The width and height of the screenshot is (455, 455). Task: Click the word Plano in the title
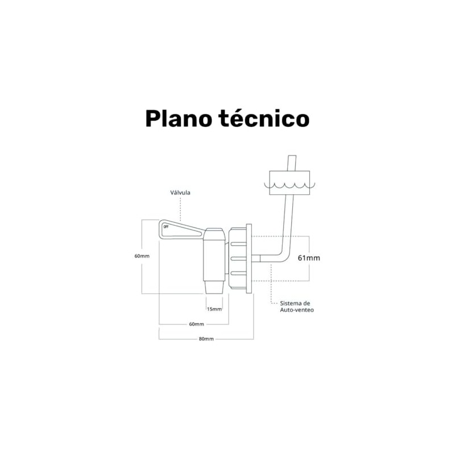[x=179, y=119]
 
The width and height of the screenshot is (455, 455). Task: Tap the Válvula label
[x=180, y=193]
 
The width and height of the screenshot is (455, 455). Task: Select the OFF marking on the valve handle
[x=166, y=227]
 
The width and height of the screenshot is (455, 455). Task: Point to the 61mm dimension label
[x=309, y=258]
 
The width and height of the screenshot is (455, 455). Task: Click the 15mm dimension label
[x=214, y=309]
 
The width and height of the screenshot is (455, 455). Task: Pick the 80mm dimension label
[x=206, y=339]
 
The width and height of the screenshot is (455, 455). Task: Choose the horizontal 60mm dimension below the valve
[x=196, y=324]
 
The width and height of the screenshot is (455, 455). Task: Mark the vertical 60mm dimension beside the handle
[x=142, y=257]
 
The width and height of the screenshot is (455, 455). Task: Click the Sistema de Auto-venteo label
[x=296, y=307]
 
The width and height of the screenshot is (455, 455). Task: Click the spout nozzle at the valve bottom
[x=214, y=287]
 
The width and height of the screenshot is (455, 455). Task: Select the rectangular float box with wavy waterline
[x=289, y=183]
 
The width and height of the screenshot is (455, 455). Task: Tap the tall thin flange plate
[x=249, y=259]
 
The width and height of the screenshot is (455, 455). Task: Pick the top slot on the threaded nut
[x=238, y=244]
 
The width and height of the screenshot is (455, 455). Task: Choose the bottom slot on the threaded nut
[x=238, y=273]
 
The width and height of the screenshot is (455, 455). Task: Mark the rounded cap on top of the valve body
[x=214, y=234]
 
